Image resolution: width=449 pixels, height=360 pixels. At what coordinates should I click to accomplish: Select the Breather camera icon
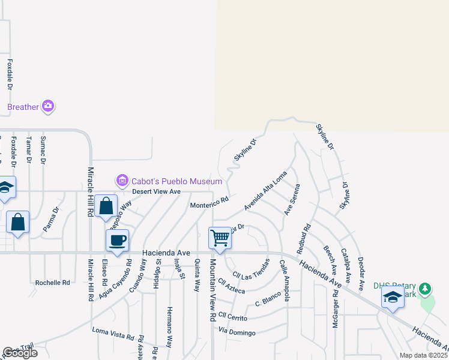tap(49, 107)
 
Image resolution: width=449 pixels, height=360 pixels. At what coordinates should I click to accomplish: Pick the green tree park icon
tap(426, 289)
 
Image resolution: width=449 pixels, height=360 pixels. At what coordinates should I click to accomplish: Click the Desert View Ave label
tap(156, 191)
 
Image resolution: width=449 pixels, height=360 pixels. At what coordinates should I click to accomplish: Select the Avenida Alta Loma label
tap(265, 191)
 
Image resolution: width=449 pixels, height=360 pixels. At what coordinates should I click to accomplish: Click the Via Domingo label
tap(237, 332)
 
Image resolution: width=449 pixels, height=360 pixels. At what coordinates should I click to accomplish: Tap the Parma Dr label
tap(51, 220)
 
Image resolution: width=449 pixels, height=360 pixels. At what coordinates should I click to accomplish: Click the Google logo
tap(20, 353)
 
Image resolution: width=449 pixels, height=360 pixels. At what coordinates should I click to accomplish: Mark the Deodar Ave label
tap(361, 273)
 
